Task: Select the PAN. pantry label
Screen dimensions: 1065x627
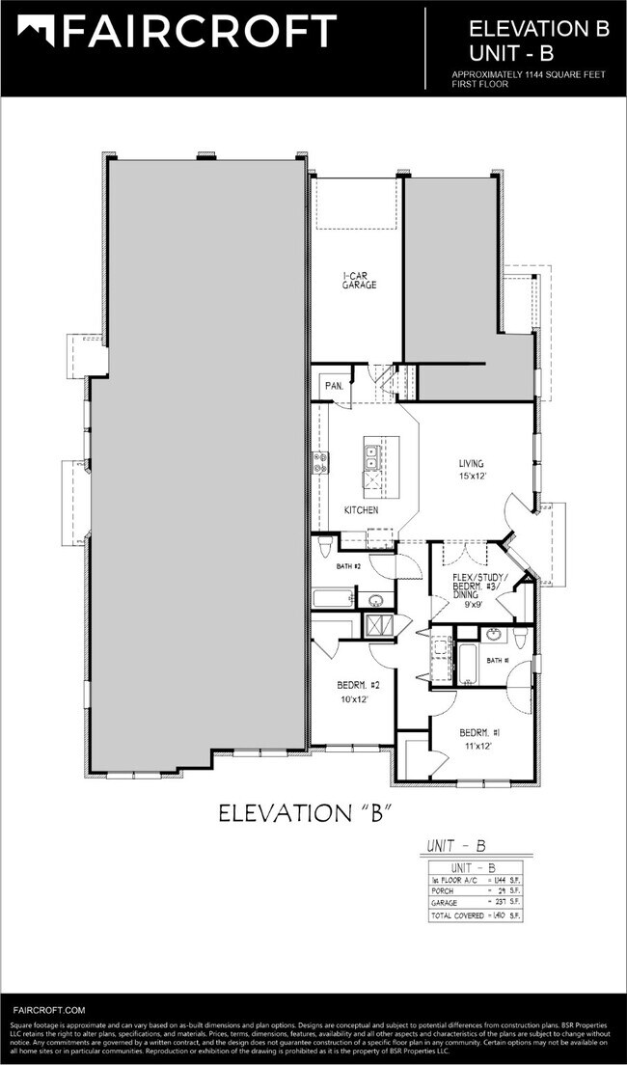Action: point(335,385)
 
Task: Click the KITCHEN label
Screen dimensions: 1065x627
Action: point(361,509)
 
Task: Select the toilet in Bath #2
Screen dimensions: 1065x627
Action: point(324,550)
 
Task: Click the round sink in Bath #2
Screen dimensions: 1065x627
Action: point(375,601)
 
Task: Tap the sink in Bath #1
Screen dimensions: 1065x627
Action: point(493,634)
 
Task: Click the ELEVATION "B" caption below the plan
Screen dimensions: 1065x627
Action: point(303,812)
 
